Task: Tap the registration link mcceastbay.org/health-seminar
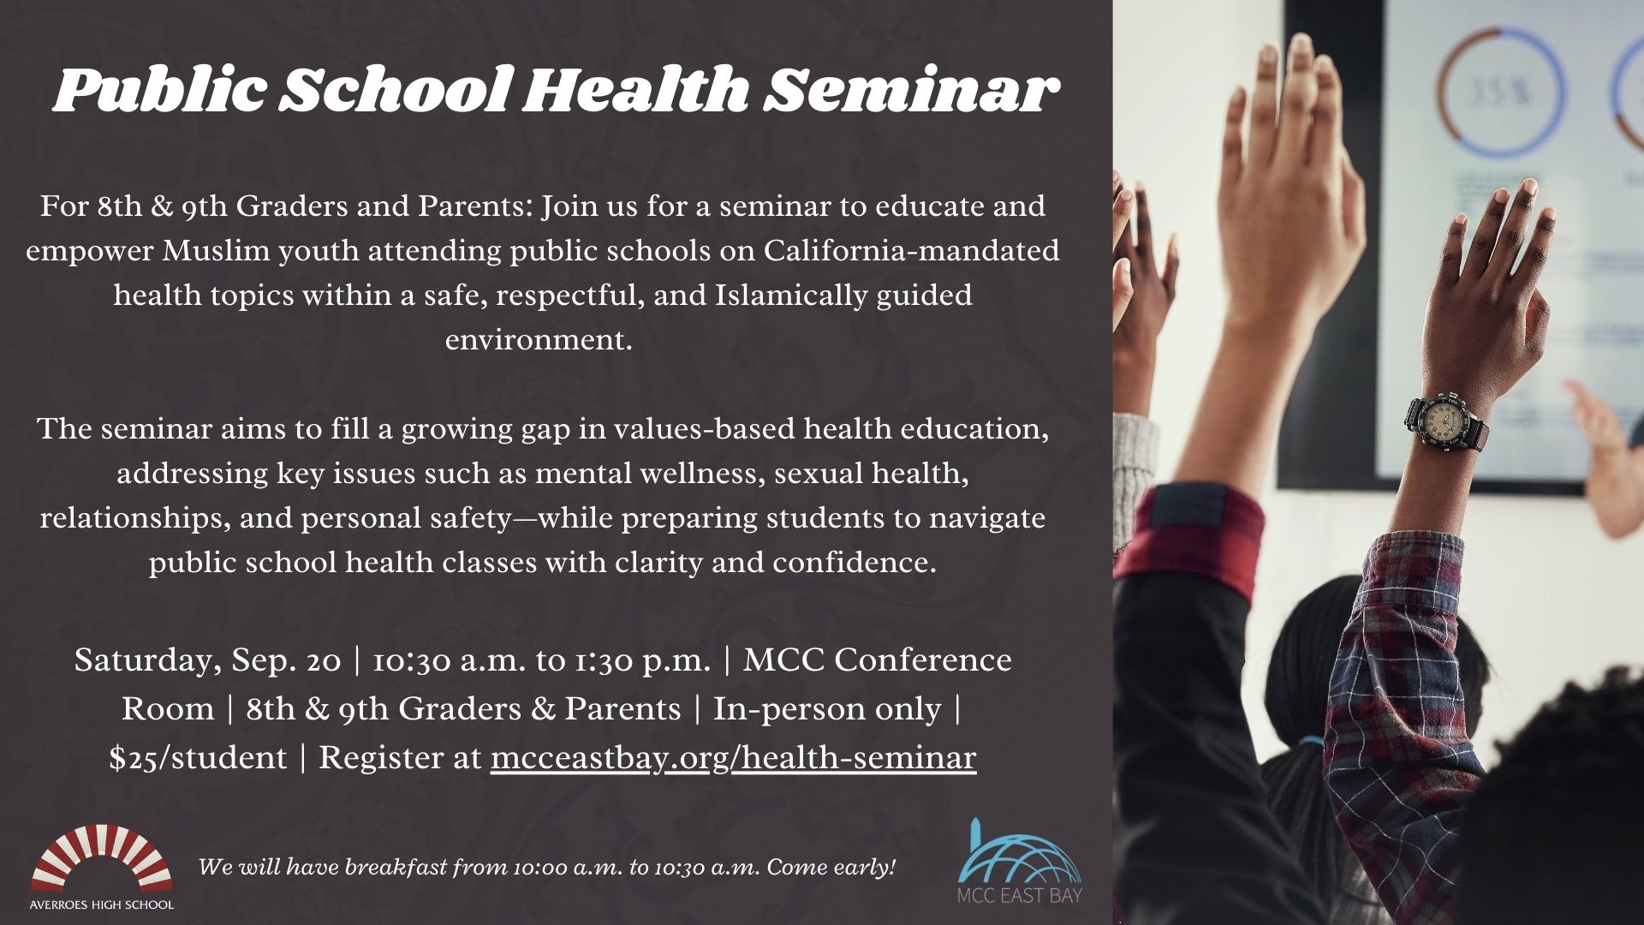click(x=733, y=758)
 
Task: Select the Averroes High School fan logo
click(x=101, y=856)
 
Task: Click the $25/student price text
click(x=198, y=758)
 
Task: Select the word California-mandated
click(x=912, y=251)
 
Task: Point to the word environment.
click(x=539, y=340)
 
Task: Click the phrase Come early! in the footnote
click(x=831, y=868)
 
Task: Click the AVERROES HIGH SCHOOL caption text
click(x=102, y=904)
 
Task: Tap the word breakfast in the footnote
click(x=397, y=868)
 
